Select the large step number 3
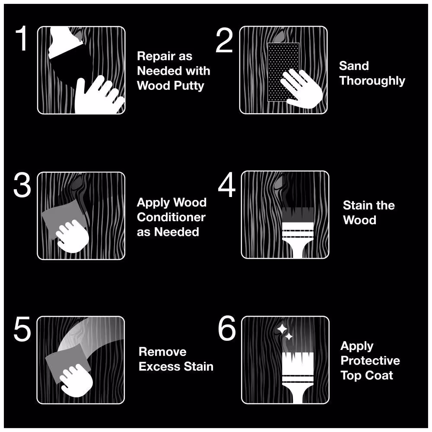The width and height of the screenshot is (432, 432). point(22,186)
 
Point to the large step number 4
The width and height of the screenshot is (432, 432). point(226,186)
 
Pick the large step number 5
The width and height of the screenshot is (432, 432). point(22,330)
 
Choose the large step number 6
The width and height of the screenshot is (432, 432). point(227,330)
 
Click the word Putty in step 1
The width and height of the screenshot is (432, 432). point(188,86)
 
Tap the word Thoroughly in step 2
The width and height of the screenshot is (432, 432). point(372,81)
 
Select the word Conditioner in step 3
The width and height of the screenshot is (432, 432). point(171,217)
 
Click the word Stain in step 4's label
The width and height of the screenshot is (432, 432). point(355,205)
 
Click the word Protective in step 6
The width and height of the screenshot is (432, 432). point(370,361)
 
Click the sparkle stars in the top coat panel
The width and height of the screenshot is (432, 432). point(284,332)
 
